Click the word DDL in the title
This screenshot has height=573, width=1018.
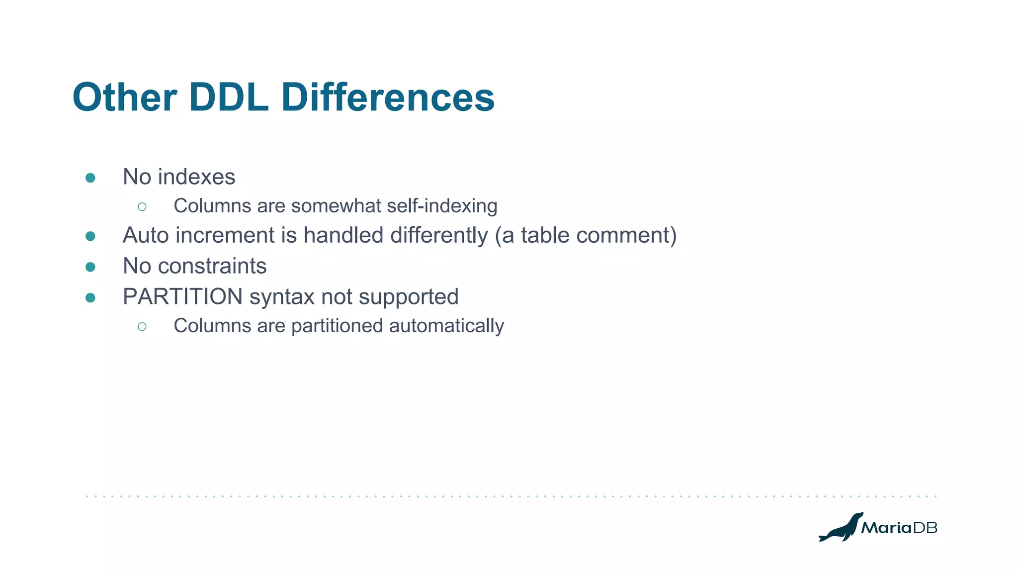pyautogui.click(x=229, y=97)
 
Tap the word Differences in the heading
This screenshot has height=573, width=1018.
pyautogui.click(x=388, y=97)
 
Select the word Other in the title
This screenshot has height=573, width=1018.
pyautogui.click(x=125, y=97)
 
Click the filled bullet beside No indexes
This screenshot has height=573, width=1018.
pyautogui.click(x=90, y=178)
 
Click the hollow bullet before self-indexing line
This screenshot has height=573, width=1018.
pyautogui.click(x=142, y=206)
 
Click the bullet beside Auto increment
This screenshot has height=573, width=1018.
pyautogui.click(x=90, y=236)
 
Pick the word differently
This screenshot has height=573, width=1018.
pyautogui.click(x=439, y=235)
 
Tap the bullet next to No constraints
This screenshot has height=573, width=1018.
pyautogui.click(x=90, y=267)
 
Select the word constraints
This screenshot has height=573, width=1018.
pyautogui.click(x=212, y=266)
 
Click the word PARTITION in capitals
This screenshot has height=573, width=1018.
pyautogui.click(x=182, y=297)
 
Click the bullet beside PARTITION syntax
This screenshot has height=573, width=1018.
pyautogui.click(x=90, y=298)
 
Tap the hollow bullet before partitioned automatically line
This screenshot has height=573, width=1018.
pyautogui.click(x=142, y=326)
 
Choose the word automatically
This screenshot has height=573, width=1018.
pyautogui.click(x=446, y=326)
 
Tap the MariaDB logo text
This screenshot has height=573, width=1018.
pyautogui.click(x=899, y=528)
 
